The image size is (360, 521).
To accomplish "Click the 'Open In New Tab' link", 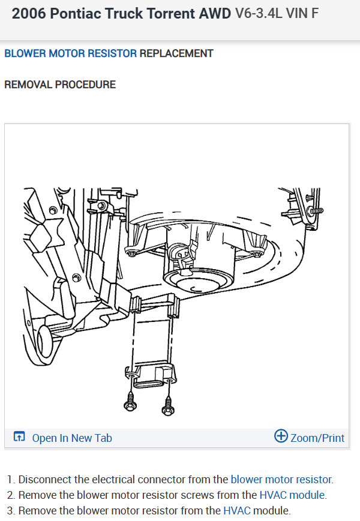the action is [x=72, y=438].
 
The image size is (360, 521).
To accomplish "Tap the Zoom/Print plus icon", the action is [x=281, y=436].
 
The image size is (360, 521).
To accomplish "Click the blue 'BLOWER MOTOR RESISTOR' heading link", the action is [x=70, y=53].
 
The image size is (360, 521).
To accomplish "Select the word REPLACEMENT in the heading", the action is [x=176, y=53].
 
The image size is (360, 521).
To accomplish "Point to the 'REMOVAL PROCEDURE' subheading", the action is [x=60, y=85].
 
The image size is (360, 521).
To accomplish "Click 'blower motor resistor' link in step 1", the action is [x=281, y=480].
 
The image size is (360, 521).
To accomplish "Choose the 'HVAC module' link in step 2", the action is [x=292, y=495].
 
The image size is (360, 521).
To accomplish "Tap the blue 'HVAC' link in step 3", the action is [x=236, y=510].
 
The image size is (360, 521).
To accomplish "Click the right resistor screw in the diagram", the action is [x=168, y=405].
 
